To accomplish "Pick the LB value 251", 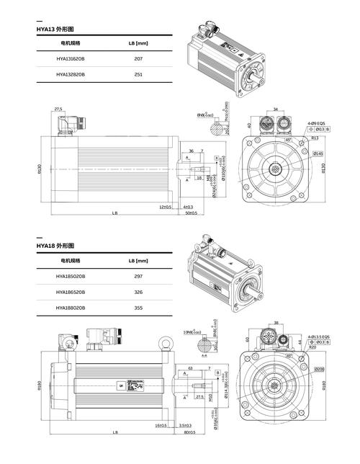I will coord(139,74).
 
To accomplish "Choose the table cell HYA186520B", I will coord(71,292).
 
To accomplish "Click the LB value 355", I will coord(139,308).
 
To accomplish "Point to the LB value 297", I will coord(139,277).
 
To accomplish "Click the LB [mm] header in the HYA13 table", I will coord(138,43).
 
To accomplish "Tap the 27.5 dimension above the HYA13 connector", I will coord(58,110).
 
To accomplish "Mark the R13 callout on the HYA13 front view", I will coord(315,138).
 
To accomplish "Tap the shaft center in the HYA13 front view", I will coord(274,170).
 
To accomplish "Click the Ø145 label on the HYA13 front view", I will coord(318,153).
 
